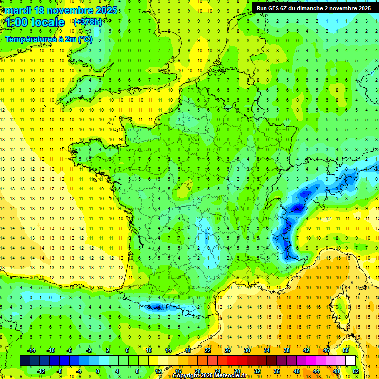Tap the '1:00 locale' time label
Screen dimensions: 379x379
coord(34,22)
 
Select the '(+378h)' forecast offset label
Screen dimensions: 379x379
coord(88,22)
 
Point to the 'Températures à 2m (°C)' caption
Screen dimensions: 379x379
coord(48,39)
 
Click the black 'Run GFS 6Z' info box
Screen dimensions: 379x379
coord(313,8)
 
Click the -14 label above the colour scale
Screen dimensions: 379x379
coord(31,350)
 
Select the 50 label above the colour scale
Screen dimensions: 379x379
coord(346,350)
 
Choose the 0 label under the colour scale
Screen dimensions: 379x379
coord(98,371)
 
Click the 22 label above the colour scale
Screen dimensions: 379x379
coord(208,350)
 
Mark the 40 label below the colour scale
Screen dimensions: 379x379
coord(297,371)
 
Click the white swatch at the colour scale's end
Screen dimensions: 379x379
coord(351,361)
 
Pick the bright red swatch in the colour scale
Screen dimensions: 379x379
coord(232,361)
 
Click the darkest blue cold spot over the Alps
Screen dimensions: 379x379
coord(297,208)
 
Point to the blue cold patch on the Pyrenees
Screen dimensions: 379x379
coord(157,307)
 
